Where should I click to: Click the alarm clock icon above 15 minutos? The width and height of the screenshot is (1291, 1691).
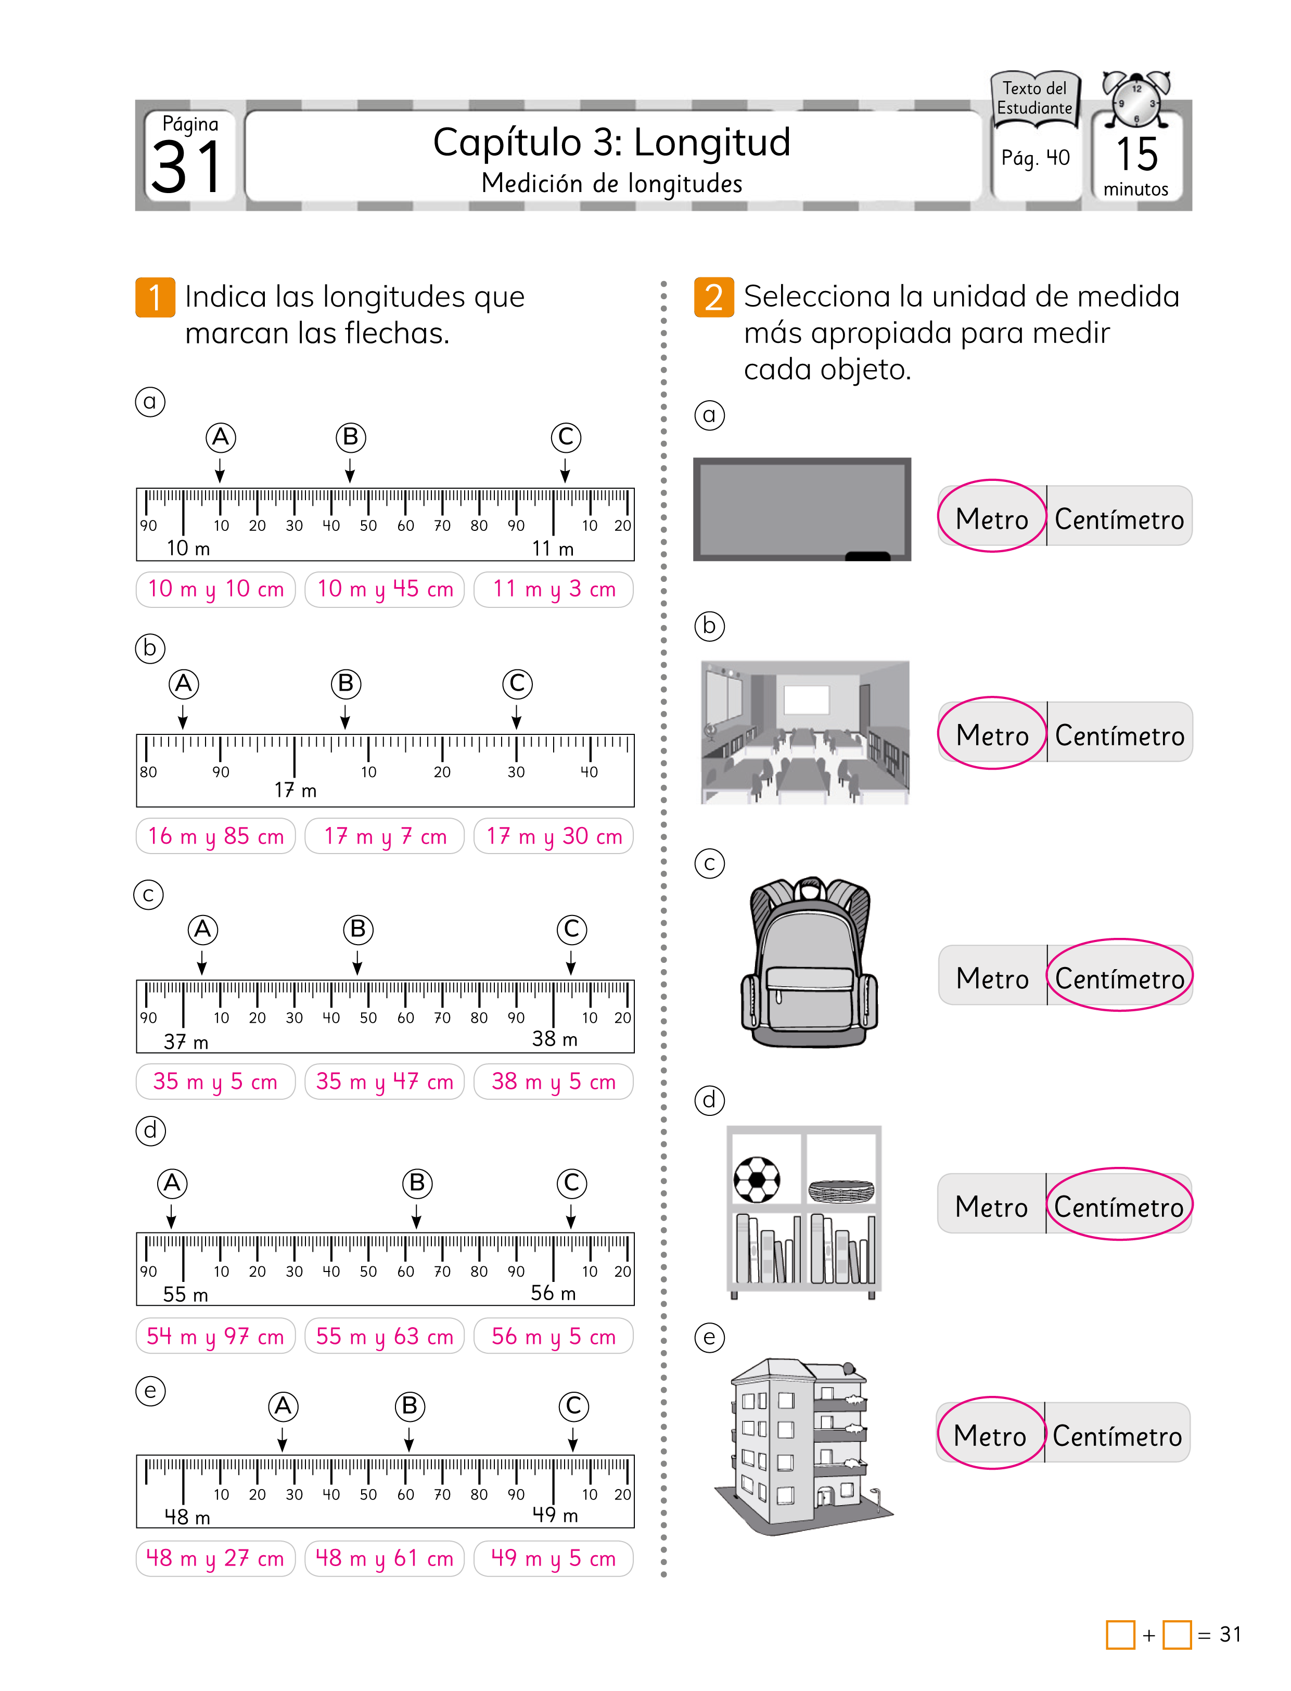click(1136, 100)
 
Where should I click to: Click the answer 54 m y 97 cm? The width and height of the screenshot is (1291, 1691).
click(215, 1337)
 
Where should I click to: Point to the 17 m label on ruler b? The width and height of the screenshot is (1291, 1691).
click(295, 790)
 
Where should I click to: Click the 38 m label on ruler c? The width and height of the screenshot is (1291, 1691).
click(554, 1039)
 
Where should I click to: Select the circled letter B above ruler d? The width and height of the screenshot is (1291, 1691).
click(417, 1183)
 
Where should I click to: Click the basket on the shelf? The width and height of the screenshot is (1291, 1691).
click(841, 1191)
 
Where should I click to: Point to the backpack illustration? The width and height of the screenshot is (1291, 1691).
click(809, 962)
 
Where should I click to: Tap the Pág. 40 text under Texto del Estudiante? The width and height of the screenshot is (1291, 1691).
click(1035, 158)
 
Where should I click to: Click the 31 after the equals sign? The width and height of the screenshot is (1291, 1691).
click(1230, 1634)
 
